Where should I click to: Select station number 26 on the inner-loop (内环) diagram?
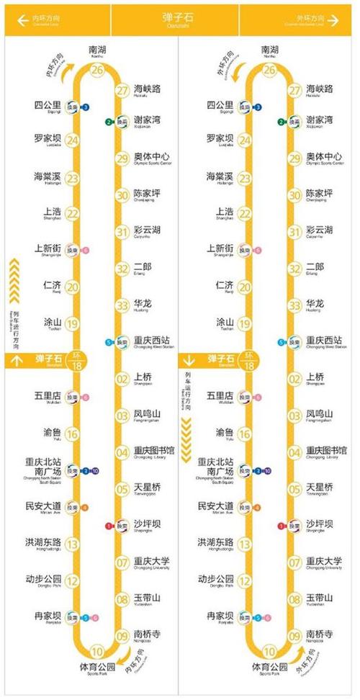click(97, 70)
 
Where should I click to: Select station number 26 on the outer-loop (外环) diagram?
click(270, 70)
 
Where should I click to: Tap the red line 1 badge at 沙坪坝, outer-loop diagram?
click(282, 526)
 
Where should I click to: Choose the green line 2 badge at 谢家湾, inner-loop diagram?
click(108, 122)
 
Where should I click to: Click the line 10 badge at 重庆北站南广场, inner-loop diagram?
click(94, 472)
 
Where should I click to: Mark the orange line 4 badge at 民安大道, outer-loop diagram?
click(258, 508)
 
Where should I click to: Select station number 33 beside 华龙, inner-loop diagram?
click(122, 305)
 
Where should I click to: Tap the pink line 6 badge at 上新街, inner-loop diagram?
click(86, 251)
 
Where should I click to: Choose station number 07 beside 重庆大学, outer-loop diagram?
click(294, 563)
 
